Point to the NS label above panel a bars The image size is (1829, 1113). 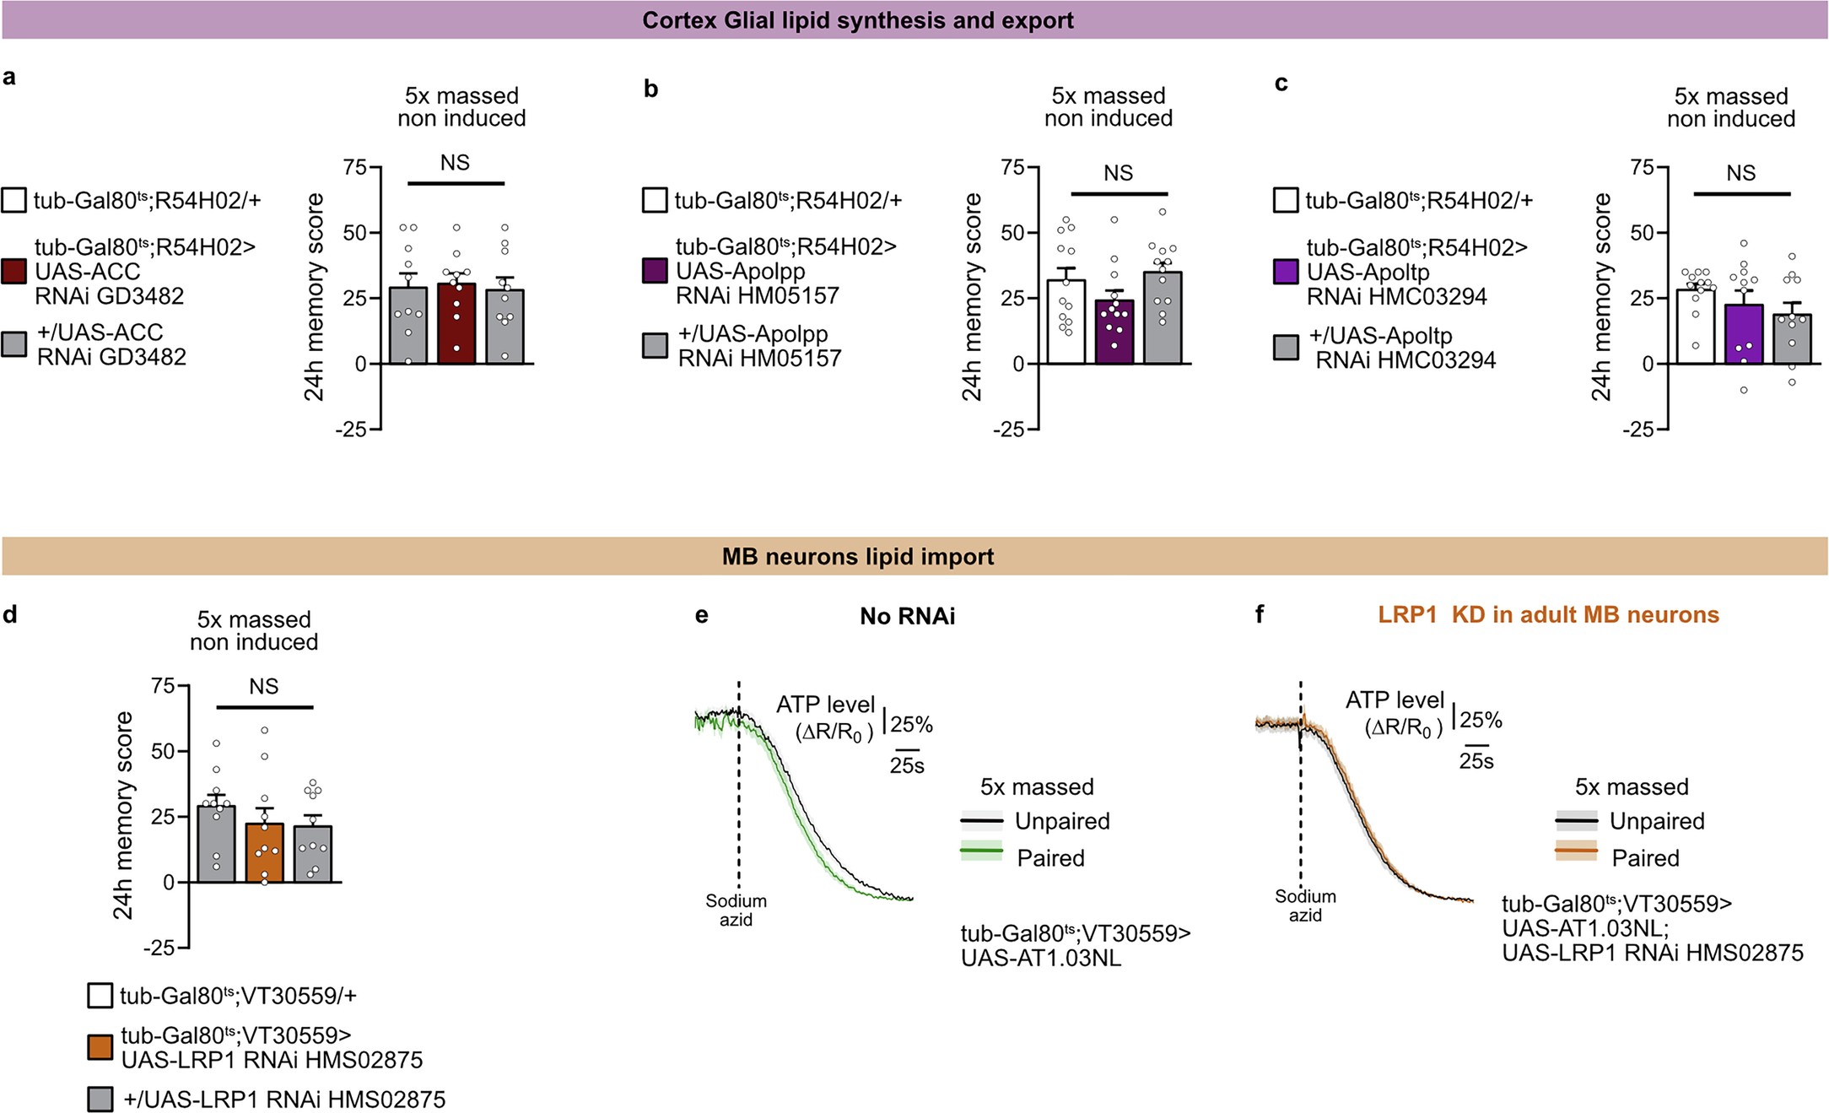click(x=455, y=162)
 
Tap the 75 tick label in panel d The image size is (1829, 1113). click(x=163, y=686)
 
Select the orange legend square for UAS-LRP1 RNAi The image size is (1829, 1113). click(x=100, y=1047)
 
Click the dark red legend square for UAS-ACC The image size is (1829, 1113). click(x=14, y=272)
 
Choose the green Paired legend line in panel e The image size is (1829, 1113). click(x=982, y=852)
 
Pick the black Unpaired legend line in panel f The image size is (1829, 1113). click(x=1576, y=820)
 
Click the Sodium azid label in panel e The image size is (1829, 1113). click(x=736, y=910)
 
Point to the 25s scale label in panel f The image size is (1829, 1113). click(x=1476, y=761)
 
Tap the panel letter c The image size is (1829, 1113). click(x=1281, y=84)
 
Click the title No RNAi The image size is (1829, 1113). click(x=907, y=616)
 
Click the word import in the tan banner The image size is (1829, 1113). click(x=957, y=557)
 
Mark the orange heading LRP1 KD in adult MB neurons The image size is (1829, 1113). click(x=1548, y=614)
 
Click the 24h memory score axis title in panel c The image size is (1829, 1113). click(x=1600, y=297)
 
